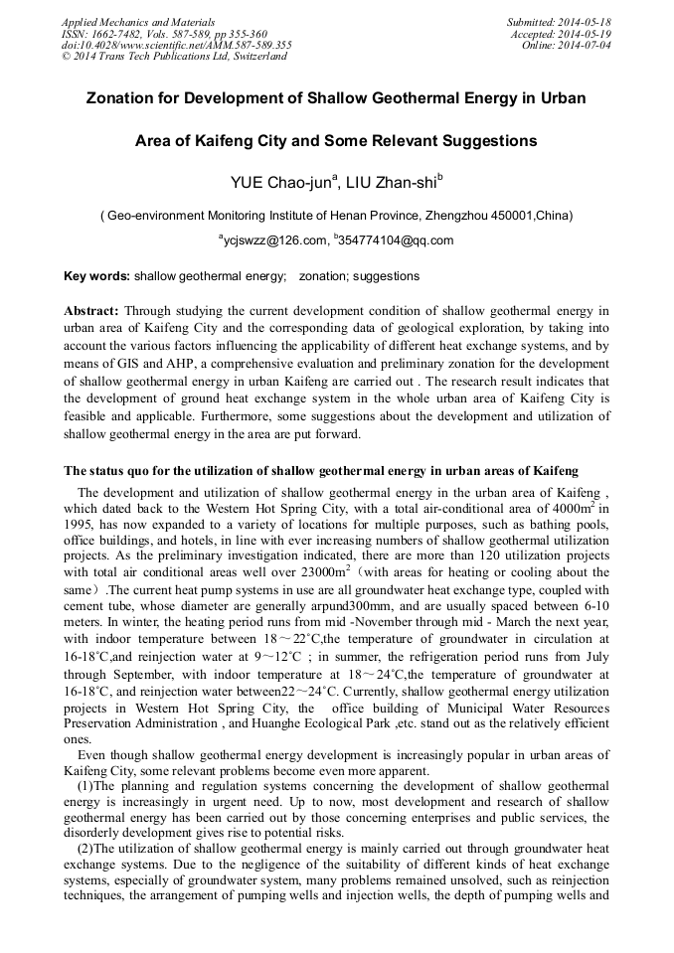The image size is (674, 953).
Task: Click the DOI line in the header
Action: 177,45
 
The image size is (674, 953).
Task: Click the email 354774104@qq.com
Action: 396,240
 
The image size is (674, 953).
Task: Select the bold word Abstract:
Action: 91,311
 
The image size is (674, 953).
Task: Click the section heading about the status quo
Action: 321,470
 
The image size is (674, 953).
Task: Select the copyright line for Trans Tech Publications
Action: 174,57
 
